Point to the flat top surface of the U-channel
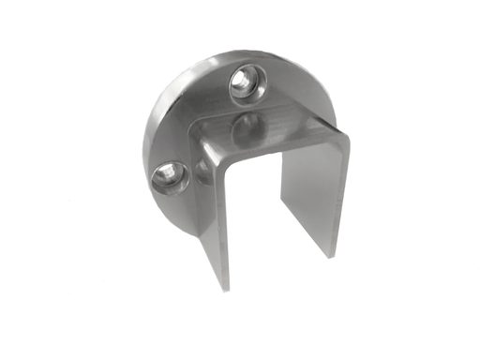272,131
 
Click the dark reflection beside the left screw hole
199,171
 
